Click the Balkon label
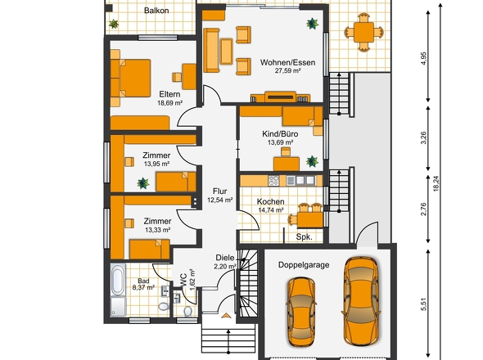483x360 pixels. click(156, 11)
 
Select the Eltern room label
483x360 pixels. click(169, 94)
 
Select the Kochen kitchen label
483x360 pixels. click(270, 201)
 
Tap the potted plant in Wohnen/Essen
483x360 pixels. click(312, 24)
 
